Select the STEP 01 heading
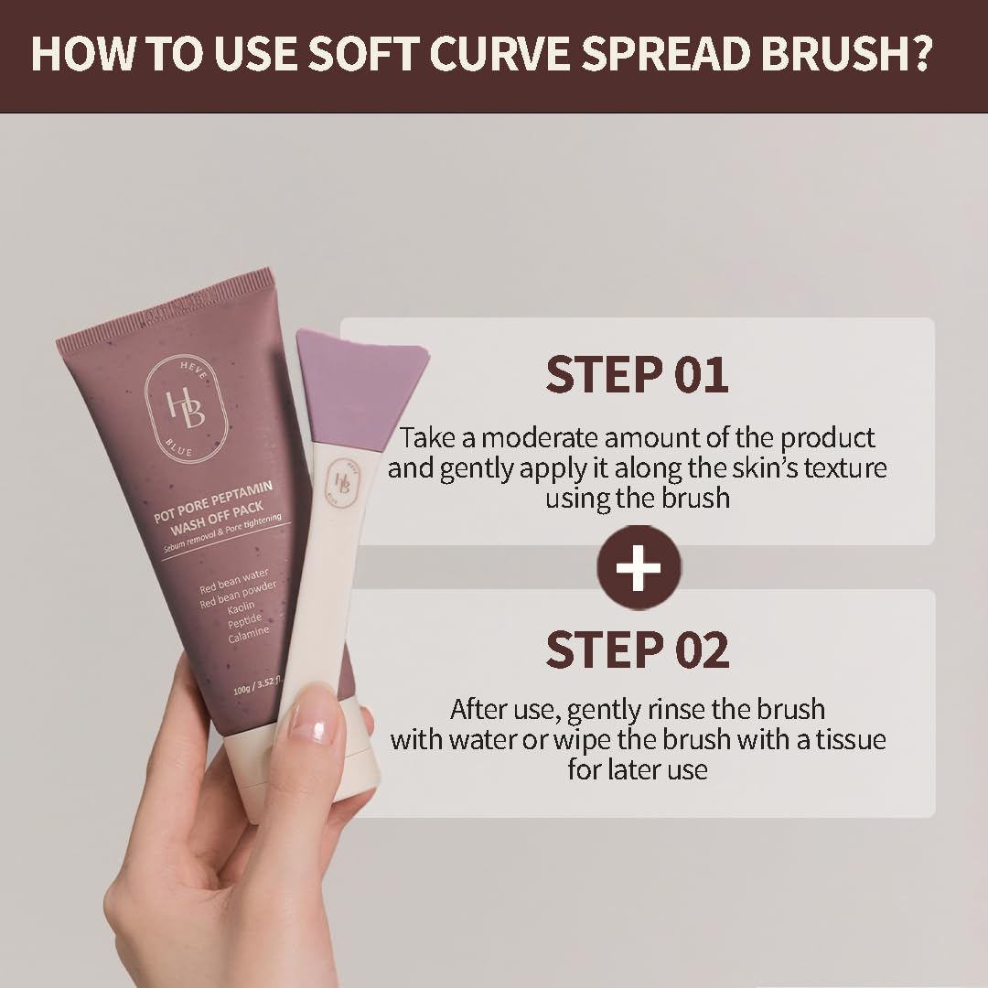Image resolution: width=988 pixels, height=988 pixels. (637, 374)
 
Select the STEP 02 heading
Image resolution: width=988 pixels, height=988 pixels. (637, 649)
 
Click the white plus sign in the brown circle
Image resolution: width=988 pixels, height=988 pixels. (639, 567)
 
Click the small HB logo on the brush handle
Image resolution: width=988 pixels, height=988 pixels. (342, 482)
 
